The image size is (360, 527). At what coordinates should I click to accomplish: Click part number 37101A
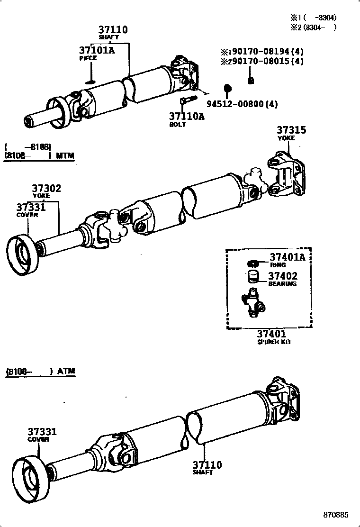pyautogui.click(x=97, y=50)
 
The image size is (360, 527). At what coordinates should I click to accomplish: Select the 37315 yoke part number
pyautogui.click(x=291, y=130)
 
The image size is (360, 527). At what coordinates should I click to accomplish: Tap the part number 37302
pyautogui.click(x=46, y=188)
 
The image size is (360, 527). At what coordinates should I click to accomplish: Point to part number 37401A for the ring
pyautogui.click(x=287, y=257)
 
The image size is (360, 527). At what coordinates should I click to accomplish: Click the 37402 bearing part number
pyautogui.click(x=283, y=276)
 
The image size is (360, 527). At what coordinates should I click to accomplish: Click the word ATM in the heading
pyautogui.click(x=66, y=371)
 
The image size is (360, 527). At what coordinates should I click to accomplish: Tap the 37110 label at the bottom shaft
pyautogui.click(x=207, y=465)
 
